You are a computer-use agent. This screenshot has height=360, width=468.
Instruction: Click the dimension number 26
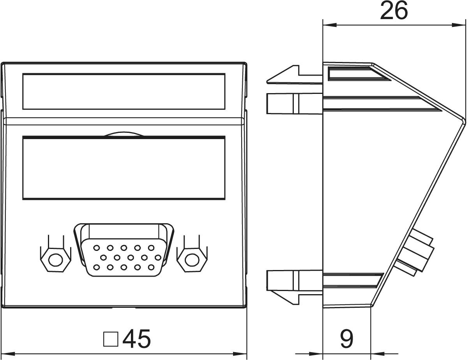click(394, 11)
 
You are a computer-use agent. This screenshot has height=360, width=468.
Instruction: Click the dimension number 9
click(346, 338)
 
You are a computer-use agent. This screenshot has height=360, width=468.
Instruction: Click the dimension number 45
click(136, 339)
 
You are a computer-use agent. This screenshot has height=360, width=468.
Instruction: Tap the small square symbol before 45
click(111, 339)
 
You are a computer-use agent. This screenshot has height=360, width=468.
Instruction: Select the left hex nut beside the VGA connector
click(56, 260)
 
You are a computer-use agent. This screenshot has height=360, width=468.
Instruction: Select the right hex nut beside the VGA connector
click(192, 260)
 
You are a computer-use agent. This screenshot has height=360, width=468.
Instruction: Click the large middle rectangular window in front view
click(124, 168)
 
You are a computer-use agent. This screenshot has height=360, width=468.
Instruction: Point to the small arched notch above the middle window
click(124, 134)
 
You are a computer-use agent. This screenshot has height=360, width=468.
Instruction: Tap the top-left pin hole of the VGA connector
click(97, 248)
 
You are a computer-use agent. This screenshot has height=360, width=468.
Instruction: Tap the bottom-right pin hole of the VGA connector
click(151, 267)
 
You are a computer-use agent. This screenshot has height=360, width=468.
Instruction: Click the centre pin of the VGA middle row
click(131, 257)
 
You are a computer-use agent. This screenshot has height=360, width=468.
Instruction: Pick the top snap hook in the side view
click(295, 75)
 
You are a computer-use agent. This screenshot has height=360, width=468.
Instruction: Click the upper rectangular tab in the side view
click(295, 103)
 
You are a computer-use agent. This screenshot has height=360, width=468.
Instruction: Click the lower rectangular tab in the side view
click(295, 281)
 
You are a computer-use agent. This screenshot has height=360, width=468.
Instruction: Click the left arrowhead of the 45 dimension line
click(8, 354)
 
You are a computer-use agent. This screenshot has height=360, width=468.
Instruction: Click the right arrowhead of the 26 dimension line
click(459, 25)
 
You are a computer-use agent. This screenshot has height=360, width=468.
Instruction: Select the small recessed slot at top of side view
click(359, 73)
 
